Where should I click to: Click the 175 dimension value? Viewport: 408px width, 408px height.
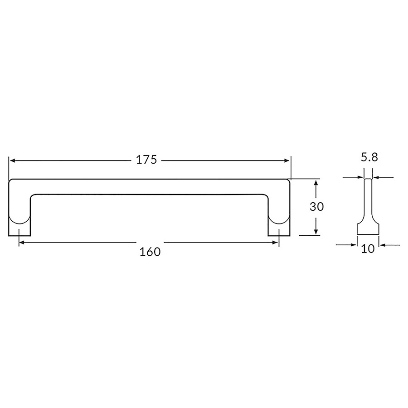[x=146, y=160]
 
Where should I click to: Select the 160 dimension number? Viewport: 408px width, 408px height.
[x=150, y=252]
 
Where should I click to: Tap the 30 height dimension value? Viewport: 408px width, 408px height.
[x=317, y=207]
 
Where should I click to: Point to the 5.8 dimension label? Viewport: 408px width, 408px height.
[x=369, y=157]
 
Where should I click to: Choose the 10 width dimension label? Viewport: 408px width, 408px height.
[x=368, y=249]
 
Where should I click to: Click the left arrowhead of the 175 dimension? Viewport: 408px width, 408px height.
[x=12, y=160]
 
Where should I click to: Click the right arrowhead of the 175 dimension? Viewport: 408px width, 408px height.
[x=287, y=160]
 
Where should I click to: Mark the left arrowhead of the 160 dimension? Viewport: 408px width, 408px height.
[x=22, y=243]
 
